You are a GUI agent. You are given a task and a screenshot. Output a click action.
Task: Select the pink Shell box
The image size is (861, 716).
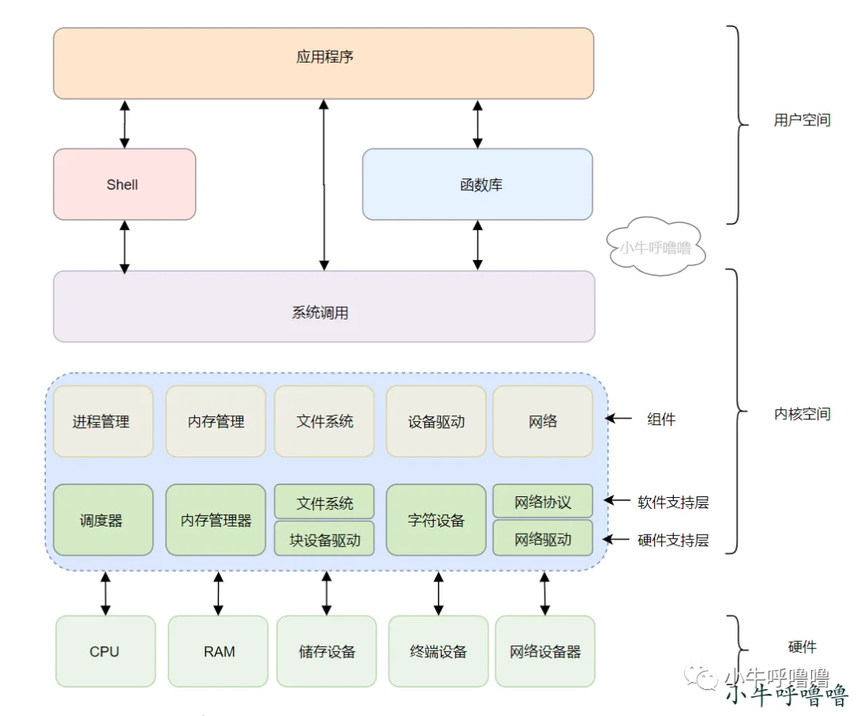coord(124,184)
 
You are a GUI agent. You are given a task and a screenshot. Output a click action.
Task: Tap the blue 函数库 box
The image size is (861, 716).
coord(477,184)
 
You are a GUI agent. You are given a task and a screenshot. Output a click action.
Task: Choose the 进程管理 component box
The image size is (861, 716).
coord(103,421)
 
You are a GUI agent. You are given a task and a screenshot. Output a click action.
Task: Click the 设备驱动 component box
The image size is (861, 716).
coord(436,421)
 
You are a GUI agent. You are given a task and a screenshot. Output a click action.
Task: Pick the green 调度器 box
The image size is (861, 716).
coord(103,520)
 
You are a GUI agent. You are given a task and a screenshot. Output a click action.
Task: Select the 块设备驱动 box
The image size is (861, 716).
coord(324,539)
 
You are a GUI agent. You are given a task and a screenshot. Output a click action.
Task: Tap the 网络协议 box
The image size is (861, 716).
coord(543,502)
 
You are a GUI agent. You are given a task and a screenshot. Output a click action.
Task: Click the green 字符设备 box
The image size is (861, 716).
coord(436,520)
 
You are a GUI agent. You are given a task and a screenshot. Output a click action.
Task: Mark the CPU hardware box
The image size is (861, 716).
coord(105,651)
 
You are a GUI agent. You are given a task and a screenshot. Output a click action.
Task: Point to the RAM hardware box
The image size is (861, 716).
coord(218,651)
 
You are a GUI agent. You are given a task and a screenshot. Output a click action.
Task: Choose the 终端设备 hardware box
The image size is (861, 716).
coord(438,651)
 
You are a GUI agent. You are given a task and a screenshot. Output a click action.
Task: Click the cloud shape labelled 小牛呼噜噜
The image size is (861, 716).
coord(655,247)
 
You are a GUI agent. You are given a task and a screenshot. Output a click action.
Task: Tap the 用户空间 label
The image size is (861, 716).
coord(802,121)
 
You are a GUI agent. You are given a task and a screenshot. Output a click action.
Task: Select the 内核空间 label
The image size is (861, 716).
coord(802,413)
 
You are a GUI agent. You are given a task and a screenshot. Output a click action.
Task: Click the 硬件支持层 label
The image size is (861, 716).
coord(672,540)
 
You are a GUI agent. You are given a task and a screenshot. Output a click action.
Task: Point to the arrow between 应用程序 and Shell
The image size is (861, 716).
coord(124,124)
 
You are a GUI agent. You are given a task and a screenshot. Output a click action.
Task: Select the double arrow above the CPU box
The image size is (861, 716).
coord(105,593)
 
